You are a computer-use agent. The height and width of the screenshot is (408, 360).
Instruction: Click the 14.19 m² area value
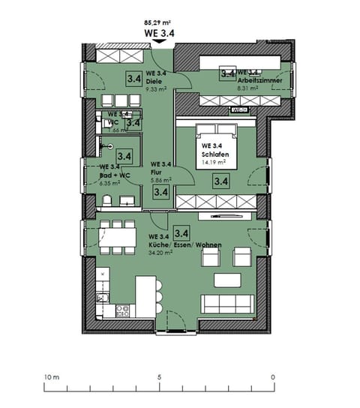[x=214, y=160]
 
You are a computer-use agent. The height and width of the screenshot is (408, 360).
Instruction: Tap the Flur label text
[x=157, y=172]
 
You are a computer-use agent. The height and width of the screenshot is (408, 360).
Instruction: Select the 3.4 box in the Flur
[x=160, y=192]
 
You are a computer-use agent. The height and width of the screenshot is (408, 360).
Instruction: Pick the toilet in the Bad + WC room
[x=109, y=199]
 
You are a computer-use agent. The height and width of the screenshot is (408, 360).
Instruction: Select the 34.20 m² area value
[x=163, y=253]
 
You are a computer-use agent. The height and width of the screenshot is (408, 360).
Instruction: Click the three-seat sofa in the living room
[x=227, y=304]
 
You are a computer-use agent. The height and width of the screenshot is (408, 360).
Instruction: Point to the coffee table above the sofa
[x=228, y=280]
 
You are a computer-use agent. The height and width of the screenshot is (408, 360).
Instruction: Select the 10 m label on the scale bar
[x=50, y=377]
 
